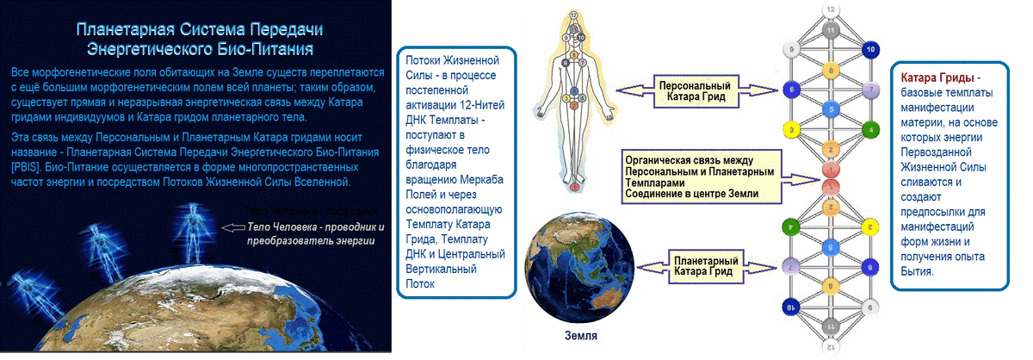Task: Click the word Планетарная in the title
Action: pos(125,29)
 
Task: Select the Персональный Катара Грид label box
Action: pos(696,91)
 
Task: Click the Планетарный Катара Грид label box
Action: pos(705,267)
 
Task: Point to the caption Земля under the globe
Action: pos(580,336)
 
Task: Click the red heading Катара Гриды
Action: pos(937,78)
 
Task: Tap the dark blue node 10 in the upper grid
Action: pos(870,50)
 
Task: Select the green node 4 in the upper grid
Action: pos(870,130)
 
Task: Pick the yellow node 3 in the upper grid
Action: pos(791,130)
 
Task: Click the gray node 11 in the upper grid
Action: pos(831,30)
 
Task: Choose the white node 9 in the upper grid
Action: pos(791,50)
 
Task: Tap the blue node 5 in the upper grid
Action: pos(831,110)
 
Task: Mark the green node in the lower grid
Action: pos(791,227)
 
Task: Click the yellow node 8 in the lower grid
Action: pos(831,287)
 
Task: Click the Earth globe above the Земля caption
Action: pos(579,267)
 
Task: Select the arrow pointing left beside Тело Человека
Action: pos(233,227)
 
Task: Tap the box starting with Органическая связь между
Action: pos(702,177)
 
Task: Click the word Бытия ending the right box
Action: pos(917,272)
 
